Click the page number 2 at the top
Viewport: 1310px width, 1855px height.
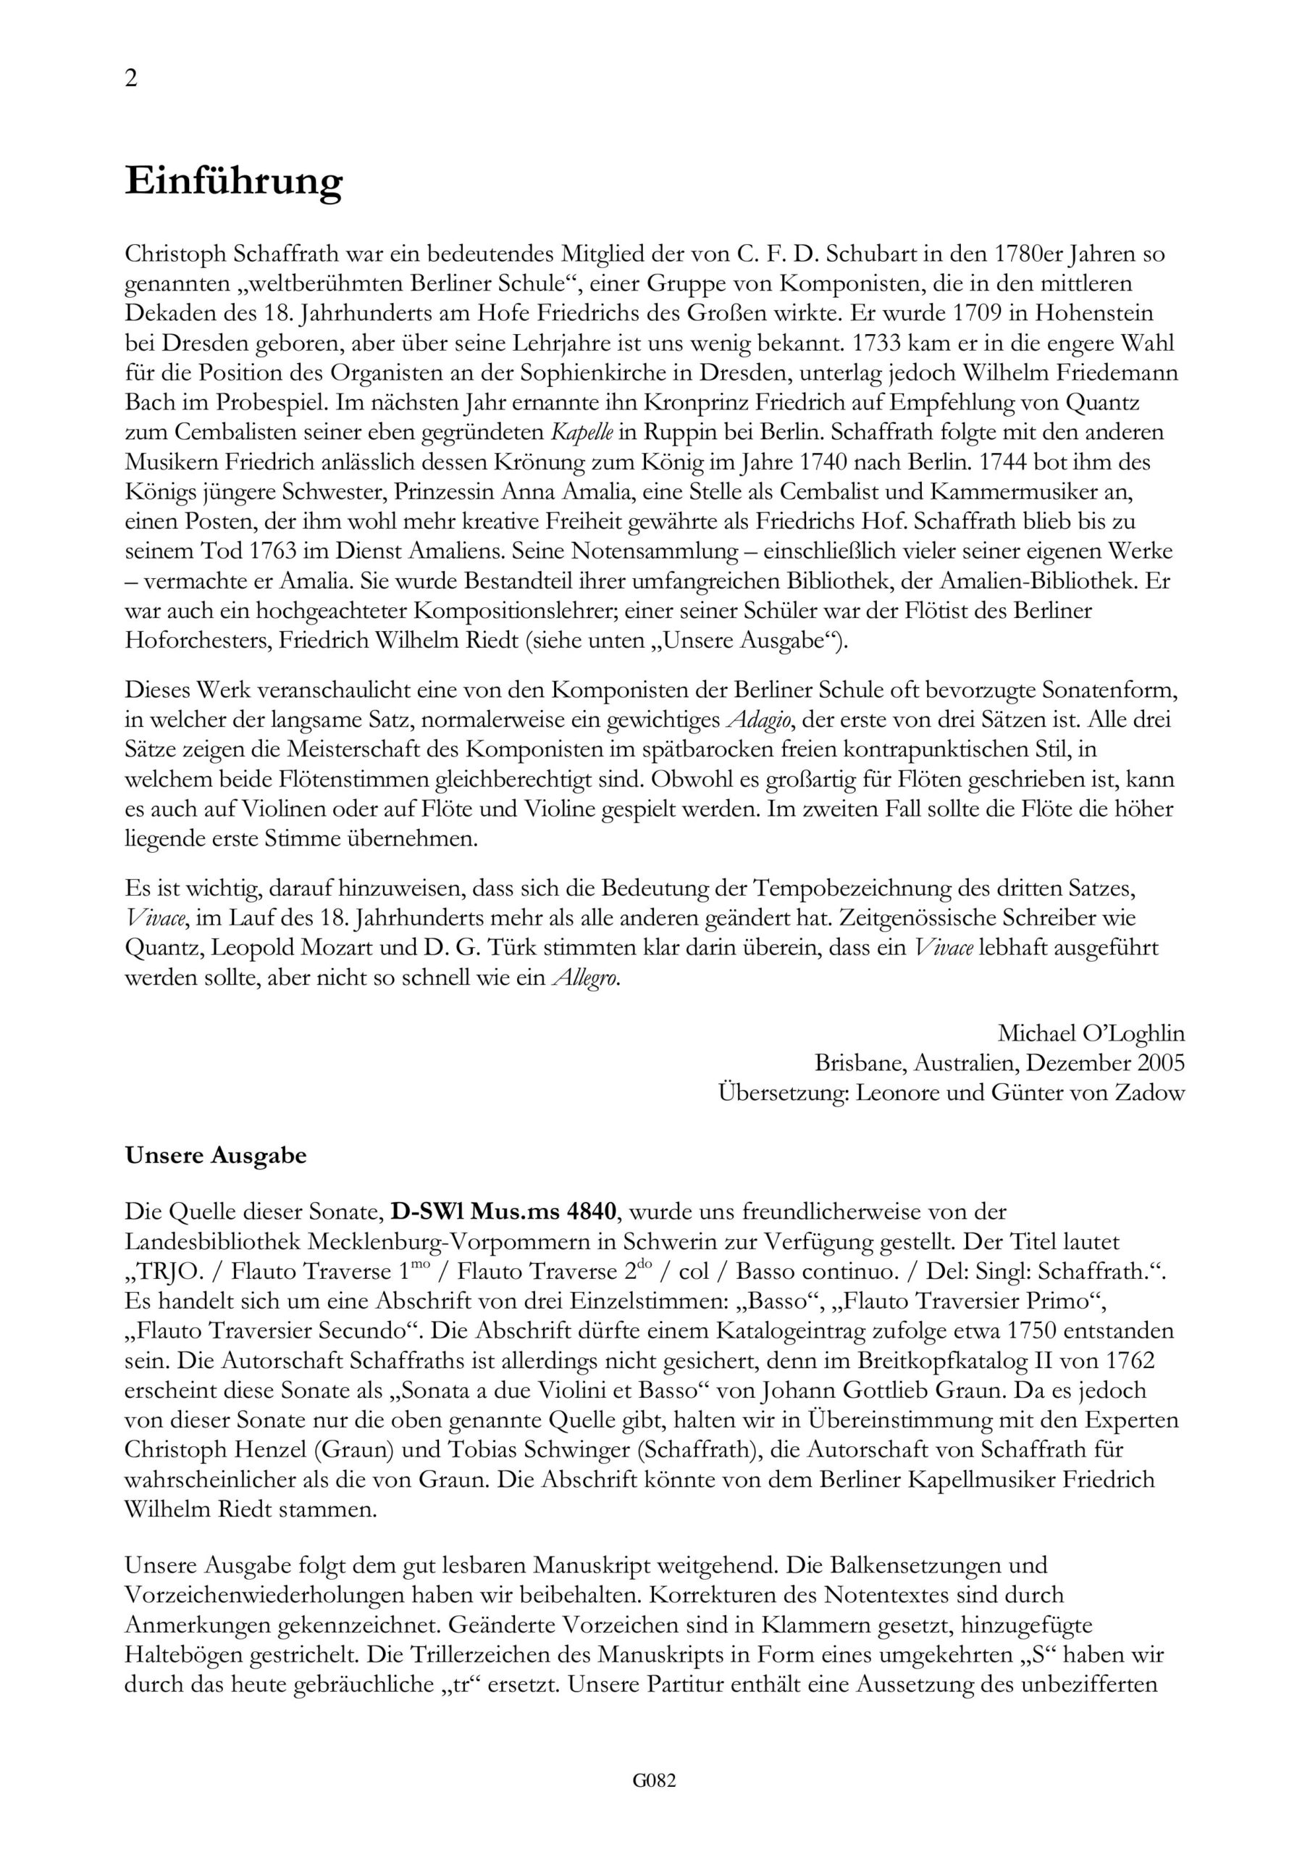click(x=131, y=78)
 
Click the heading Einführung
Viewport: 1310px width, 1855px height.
click(x=233, y=182)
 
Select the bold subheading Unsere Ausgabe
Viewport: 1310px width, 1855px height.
click(x=216, y=1155)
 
